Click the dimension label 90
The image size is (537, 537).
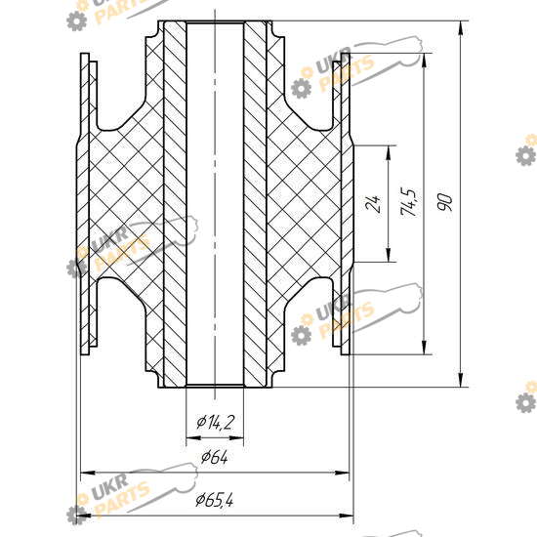[x=444, y=202]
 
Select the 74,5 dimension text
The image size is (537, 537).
[x=408, y=202]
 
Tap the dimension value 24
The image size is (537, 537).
[x=373, y=204]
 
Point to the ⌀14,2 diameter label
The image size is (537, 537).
[x=215, y=422]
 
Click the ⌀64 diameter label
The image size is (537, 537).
[x=215, y=457]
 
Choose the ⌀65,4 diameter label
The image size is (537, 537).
[x=215, y=500]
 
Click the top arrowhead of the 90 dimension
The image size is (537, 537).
[x=461, y=28]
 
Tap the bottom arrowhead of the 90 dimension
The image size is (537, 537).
[x=461, y=380]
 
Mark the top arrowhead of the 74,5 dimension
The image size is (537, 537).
[x=425, y=61]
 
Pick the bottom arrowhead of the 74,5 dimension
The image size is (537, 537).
[x=425, y=348]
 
